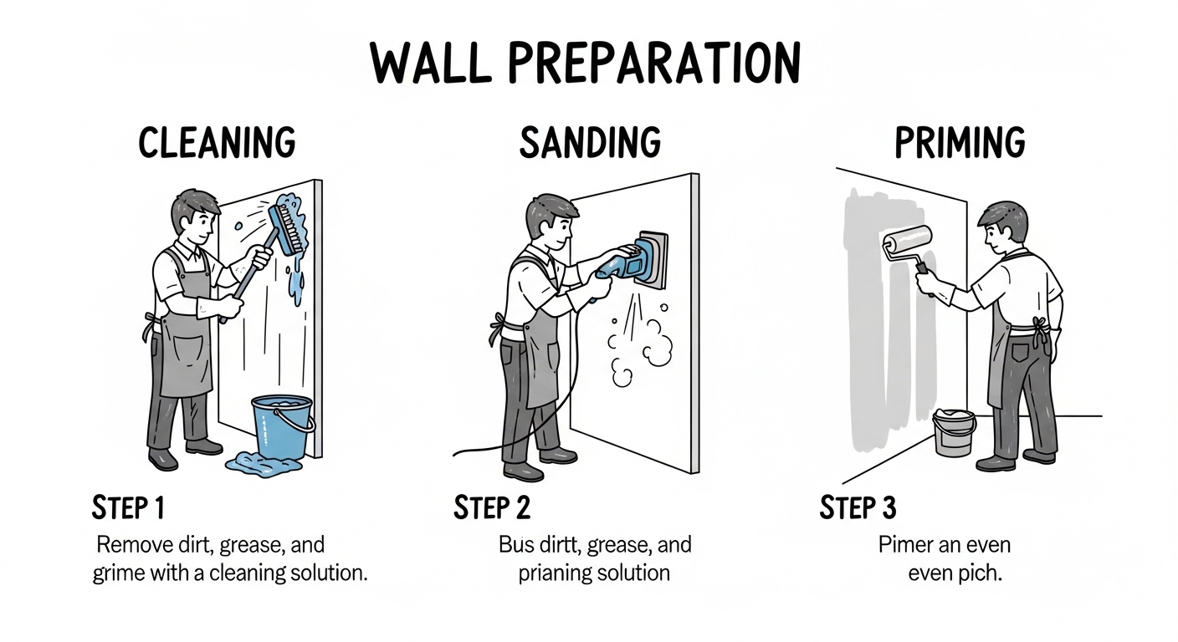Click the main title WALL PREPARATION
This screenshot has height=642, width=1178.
(586, 63)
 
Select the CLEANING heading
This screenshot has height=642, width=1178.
(218, 142)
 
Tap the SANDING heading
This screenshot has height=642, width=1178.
(590, 142)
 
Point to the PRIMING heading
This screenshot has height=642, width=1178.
(960, 142)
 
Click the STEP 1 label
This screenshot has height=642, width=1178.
(128, 508)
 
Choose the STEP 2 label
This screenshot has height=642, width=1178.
(492, 508)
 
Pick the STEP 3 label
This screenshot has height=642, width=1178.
(858, 508)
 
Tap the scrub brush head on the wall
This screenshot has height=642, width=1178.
(288, 229)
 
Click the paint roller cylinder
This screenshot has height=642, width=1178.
(907, 241)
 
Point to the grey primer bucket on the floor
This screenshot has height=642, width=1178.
(954, 433)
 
